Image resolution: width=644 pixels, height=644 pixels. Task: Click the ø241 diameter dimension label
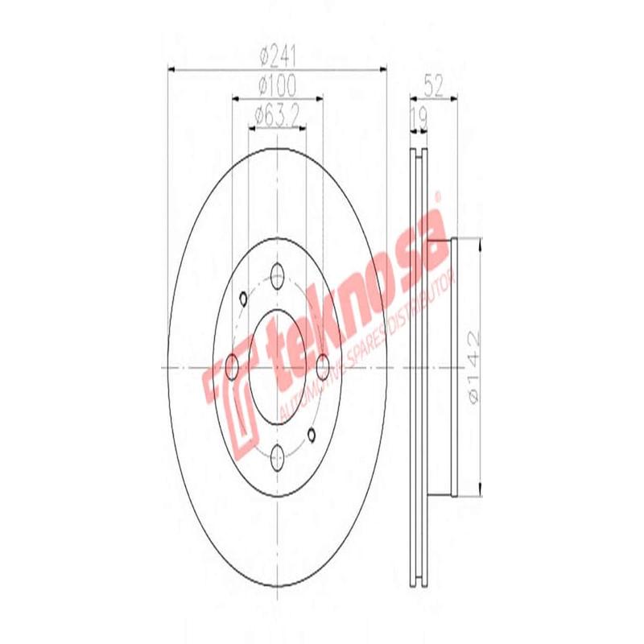pos(278,58)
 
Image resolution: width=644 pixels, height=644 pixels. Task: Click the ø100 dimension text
pos(278,83)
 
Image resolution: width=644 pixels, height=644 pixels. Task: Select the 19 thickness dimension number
pos(418,118)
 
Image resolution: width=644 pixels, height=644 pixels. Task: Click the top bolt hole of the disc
pos(278,273)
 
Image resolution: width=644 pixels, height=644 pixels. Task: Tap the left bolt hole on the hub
pos(233,367)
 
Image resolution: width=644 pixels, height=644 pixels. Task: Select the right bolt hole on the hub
pos(324,367)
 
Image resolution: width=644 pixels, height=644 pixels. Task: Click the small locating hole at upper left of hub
pos(242,300)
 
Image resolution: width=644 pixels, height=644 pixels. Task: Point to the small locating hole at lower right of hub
pos(312,436)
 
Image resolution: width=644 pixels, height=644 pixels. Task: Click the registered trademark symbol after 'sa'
pos(439,194)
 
